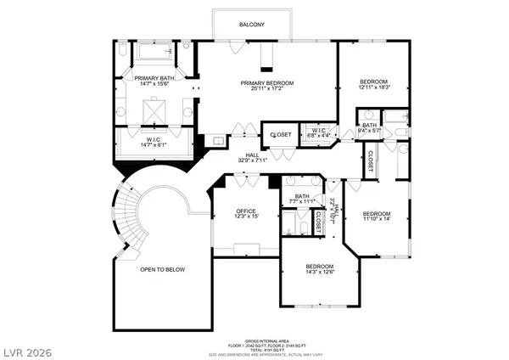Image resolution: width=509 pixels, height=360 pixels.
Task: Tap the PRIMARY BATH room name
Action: (x=154, y=78)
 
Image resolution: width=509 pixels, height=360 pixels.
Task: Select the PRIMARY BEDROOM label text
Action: (x=266, y=83)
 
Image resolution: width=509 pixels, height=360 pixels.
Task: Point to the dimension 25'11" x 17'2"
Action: (x=266, y=90)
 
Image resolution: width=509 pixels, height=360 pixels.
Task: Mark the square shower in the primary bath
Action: (x=154, y=110)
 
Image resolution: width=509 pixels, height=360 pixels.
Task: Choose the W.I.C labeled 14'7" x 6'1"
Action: (x=154, y=141)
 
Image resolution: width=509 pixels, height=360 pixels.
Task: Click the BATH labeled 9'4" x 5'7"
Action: (x=370, y=127)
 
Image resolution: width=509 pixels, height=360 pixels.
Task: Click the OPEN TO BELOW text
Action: (x=163, y=269)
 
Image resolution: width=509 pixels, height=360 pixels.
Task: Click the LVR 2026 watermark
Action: (x=28, y=348)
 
